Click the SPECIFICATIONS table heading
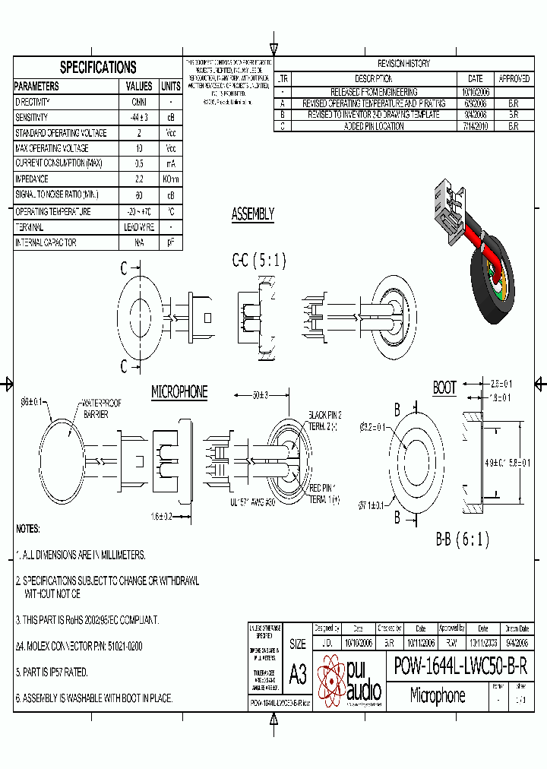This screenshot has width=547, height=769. tap(98, 67)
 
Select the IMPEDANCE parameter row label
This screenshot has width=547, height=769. tap(32, 179)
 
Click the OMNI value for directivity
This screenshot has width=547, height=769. tap(139, 102)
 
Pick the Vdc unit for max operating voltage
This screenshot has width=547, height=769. tap(171, 149)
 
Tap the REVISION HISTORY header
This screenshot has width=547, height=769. tap(403, 64)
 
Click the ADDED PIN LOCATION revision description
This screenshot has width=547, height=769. tap(374, 126)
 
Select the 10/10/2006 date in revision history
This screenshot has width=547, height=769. tap(476, 92)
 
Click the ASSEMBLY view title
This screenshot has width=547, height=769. tap(252, 215)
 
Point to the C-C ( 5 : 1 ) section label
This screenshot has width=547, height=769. tap(259, 261)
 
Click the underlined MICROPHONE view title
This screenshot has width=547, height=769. tap(179, 392)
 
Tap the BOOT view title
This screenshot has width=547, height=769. tap(444, 388)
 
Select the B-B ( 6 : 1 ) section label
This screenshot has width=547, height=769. tap(462, 540)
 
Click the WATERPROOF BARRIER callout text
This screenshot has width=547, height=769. tap(102, 408)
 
